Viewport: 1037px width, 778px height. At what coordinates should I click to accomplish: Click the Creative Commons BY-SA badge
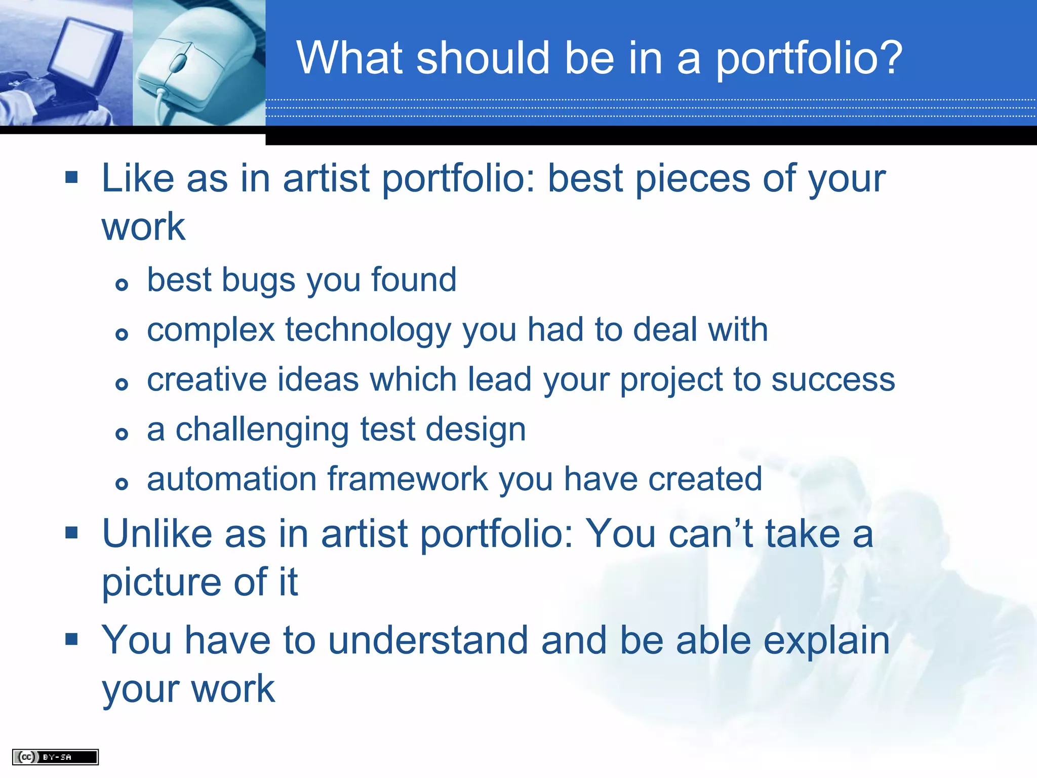click(x=55, y=757)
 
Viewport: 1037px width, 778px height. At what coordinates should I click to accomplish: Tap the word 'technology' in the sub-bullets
click(x=368, y=330)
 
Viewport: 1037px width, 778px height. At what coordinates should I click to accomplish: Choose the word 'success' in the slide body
click(x=833, y=380)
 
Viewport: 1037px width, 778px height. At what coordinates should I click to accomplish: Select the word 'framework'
click(x=408, y=479)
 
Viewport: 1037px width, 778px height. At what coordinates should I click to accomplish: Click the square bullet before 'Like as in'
click(x=71, y=177)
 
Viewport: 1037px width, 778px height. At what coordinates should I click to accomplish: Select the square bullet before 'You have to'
click(x=71, y=639)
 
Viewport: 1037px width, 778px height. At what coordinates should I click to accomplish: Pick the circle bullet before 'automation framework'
click(x=122, y=483)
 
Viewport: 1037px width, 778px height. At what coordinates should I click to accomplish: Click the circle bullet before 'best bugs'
click(x=122, y=284)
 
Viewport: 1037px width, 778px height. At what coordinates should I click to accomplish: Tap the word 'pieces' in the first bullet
click(x=692, y=179)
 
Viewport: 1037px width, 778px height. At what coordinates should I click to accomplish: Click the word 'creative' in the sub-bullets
click(x=207, y=380)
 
